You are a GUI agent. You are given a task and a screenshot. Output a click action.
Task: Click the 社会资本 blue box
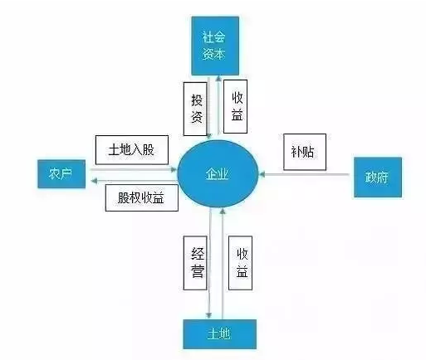tap(215, 46)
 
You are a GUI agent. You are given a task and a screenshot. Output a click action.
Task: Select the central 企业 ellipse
tap(218, 174)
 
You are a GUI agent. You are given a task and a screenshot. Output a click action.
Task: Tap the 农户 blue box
tap(61, 174)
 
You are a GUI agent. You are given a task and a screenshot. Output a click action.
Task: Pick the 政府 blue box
tap(378, 178)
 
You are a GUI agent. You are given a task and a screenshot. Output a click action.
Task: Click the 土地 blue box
tap(219, 334)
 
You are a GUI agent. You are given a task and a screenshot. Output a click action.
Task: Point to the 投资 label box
tap(195, 109)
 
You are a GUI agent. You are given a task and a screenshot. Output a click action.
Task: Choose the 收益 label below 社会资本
tap(235, 107)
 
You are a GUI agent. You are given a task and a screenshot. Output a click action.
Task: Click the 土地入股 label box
tap(132, 150)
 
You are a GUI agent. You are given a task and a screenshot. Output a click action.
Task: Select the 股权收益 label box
tap(141, 198)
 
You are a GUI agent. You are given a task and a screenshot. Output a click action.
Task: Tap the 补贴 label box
tap(305, 152)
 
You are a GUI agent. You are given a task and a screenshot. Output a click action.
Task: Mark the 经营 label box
tap(195, 263)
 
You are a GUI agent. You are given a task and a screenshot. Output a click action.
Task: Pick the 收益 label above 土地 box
tap(240, 263)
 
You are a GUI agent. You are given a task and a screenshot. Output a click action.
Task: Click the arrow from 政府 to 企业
tap(304, 174)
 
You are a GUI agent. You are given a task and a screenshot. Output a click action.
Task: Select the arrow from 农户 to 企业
tap(134, 169)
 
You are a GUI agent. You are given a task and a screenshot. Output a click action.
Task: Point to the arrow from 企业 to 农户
tap(135, 181)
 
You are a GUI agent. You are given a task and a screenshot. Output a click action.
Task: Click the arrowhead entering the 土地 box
tap(209, 316)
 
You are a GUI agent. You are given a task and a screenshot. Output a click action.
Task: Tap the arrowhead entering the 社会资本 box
tap(218, 78)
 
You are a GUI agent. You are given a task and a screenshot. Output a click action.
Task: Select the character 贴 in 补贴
tap(309, 152)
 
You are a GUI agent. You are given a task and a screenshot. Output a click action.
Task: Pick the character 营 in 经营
tap(198, 271)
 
